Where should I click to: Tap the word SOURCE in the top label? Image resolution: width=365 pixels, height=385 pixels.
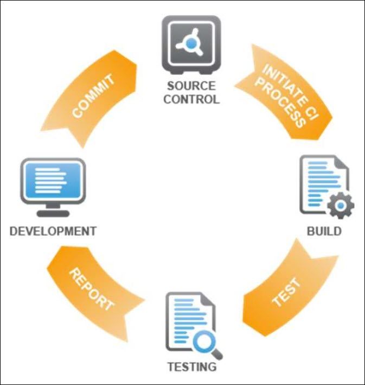click(191, 86)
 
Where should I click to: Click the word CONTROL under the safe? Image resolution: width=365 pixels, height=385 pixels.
click(191, 99)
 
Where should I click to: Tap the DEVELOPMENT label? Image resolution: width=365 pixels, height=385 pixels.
click(53, 231)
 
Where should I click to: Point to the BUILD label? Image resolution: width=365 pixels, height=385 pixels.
click(324, 231)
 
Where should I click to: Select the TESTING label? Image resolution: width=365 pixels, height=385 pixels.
click(191, 367)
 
